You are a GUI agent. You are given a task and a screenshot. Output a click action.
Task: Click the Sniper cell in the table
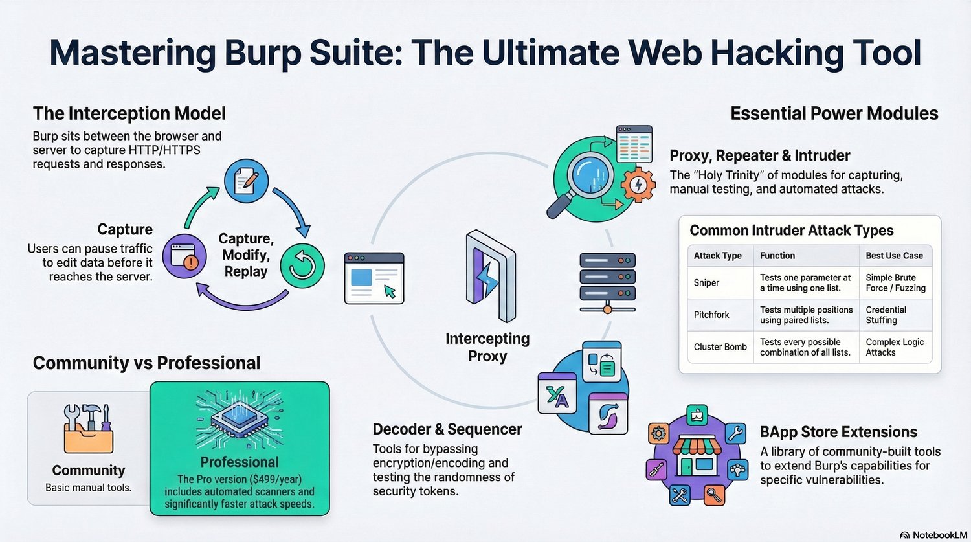coord(706,283)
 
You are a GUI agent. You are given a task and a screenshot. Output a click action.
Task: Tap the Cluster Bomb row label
coord(720,347)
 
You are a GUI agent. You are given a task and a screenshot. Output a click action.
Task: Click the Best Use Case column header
coord(894,256)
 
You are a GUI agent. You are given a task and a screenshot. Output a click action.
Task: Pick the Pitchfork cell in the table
coord(711,315)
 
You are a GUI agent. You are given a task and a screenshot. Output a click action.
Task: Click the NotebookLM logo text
coord(933,535)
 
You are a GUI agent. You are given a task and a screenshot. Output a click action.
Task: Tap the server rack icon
coord(607,282)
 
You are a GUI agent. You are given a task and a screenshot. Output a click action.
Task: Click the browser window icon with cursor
coord(374,278)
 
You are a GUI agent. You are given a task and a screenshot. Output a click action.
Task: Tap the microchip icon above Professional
coord(240,420)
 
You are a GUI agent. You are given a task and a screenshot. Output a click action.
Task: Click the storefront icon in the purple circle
coord(697,454)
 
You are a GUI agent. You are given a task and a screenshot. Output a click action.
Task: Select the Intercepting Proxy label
coord(487,347)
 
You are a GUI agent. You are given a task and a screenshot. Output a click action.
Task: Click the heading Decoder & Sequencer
coord(447,429)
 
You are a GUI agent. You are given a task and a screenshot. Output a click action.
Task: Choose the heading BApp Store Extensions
coord(838,432)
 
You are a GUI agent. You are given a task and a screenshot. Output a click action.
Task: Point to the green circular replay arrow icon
coord(302,265)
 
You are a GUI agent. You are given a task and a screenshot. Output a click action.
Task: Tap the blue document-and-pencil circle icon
coord(246,181)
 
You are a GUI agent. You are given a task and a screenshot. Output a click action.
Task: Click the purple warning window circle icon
coord(184,256)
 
